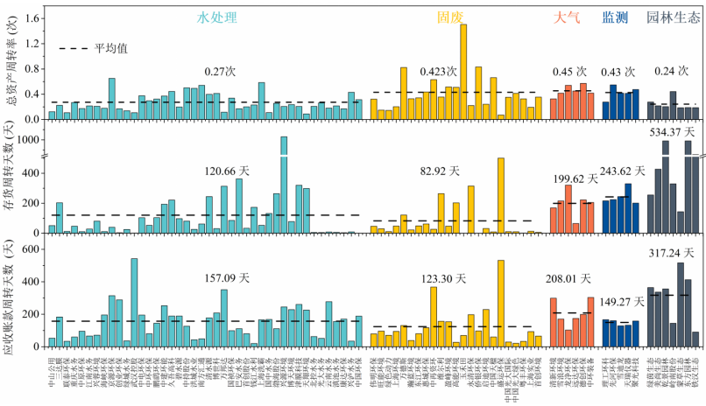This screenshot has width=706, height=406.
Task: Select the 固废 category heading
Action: pyautogui.click(x=453, y=17)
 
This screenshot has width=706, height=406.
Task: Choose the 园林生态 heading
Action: pyautogui.click(x=672, y=17)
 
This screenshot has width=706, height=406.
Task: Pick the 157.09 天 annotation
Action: pyautogui.click(x=227, y=278)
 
